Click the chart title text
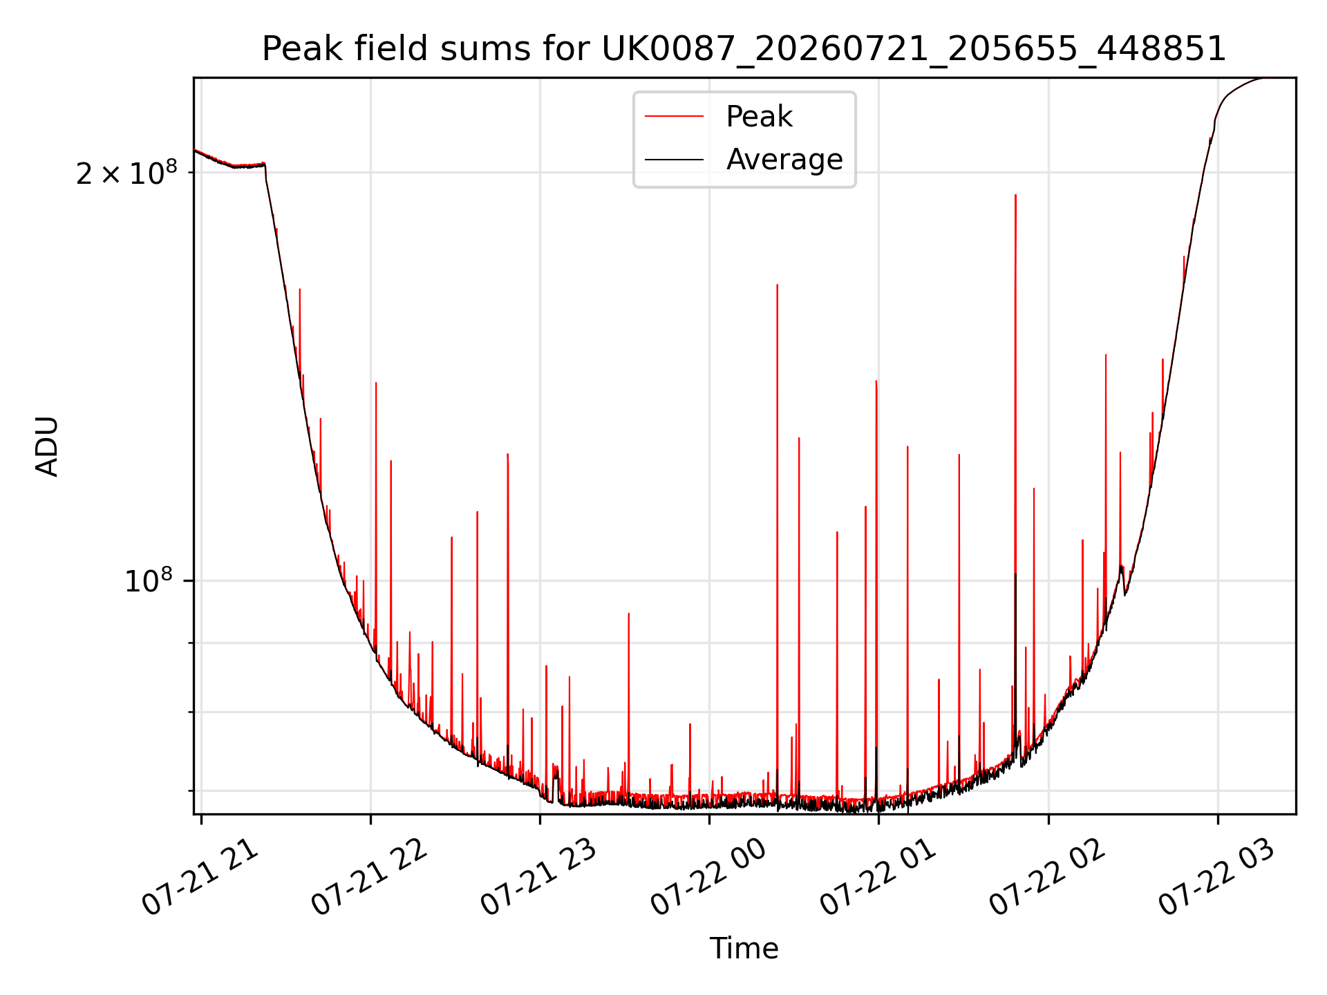(744, 49)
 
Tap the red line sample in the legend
(674, 117)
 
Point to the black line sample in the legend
(674, 160)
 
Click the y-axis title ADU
(47, 446)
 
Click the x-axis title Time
(744, 949)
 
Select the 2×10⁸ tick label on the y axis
(126, 172)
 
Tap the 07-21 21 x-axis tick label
(200, 879)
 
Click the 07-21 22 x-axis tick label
(369, 879)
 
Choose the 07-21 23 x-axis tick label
(538, 879)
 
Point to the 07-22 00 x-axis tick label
(708, 879)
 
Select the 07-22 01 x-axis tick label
(878, 879)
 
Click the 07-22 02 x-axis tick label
(1048, 879)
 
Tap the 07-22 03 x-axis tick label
(1217, 879)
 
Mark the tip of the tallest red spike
(1015, 195)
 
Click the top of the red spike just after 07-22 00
(777, 285)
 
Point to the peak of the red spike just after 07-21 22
(376, 383)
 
